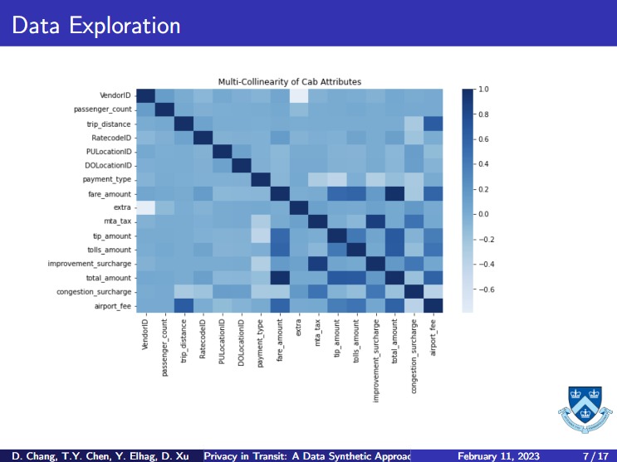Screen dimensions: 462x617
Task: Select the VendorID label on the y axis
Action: (x=114, y=95)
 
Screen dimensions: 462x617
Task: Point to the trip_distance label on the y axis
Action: (x=109, y=124)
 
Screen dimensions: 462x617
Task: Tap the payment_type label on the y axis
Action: (x=108, y=179)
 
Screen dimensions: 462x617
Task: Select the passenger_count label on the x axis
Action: (x=164, y=348)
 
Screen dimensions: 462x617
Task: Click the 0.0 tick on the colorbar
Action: (x=483, y=214)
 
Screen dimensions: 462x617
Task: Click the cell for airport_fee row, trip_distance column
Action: (x=184, y=305)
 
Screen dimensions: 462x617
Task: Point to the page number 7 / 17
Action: (x=594, y=455)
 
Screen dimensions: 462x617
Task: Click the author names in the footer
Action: (x=101, y=455)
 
